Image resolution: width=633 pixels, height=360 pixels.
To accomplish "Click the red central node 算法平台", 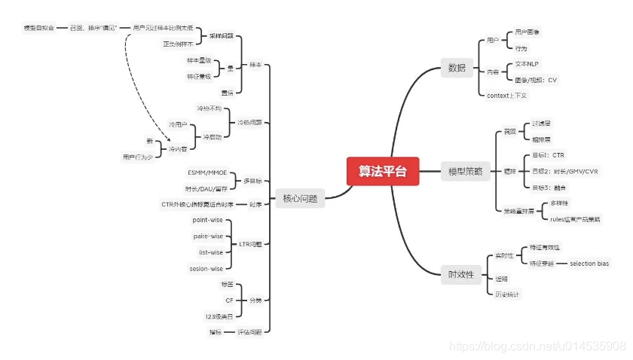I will tap(382, 171).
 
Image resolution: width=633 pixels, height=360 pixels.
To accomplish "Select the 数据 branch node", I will tap(457, 68).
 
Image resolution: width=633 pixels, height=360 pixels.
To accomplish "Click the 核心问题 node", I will tap(299, 199).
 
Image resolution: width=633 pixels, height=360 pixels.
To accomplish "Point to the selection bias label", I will tap(589, 264).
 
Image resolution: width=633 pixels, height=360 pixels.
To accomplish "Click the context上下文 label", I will tap(506, 95).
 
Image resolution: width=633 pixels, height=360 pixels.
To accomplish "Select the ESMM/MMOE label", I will tap(206, 173).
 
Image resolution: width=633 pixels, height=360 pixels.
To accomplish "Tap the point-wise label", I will tap(207, 220).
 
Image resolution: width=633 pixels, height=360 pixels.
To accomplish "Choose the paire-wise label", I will tap(208, 236).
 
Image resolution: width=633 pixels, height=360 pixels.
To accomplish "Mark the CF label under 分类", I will tap(230, 300).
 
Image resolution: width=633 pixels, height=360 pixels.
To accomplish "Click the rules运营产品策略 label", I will tap(575, 219).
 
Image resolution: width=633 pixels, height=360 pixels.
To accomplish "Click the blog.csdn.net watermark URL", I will tap(537, 346).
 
